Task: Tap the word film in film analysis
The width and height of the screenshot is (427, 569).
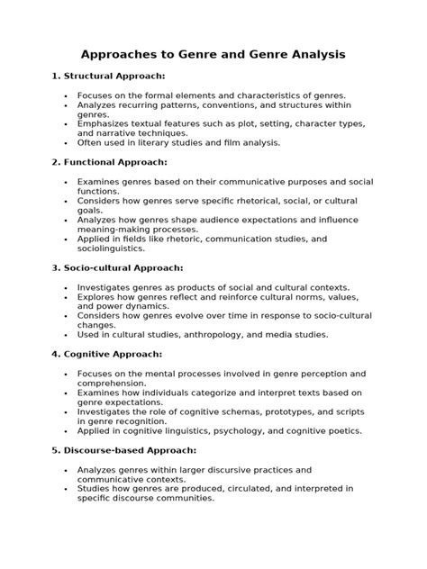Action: pos(227,142)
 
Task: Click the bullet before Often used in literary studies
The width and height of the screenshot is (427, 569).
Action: pos(67,142)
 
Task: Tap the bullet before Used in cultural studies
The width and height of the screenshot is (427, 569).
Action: pos(67,334)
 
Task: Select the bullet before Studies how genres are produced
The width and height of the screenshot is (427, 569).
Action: pos(67,489)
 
